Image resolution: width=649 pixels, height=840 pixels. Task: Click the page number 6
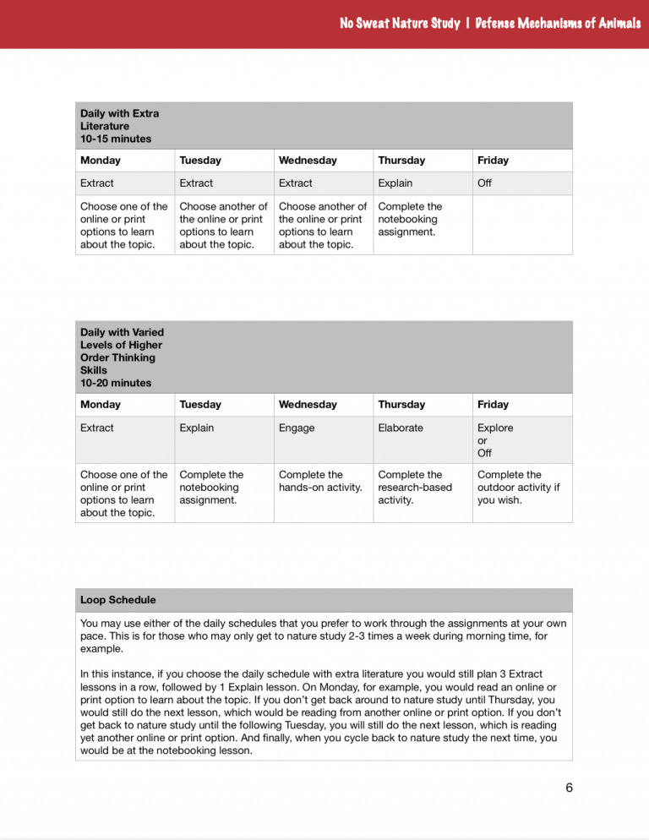coord(569,788)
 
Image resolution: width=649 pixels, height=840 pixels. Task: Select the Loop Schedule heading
coord(117,600)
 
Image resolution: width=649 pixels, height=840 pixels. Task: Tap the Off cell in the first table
coord(484,183)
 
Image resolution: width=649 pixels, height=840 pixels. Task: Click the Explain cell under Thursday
coord(395,183)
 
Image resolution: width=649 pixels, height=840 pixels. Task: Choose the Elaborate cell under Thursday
coord(401,428)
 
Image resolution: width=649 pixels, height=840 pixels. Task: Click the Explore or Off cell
coord(495,439)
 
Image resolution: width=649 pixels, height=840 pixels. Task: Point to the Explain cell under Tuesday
coord(197,428)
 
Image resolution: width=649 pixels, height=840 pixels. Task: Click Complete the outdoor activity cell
coord(518,487)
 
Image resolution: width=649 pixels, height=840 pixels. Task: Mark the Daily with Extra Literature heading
coord(119,125)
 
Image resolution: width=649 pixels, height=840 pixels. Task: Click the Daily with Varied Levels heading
coord(122,351)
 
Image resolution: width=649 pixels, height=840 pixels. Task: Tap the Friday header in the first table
coord(493,160)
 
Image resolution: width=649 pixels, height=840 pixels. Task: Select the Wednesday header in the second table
coord(308,404)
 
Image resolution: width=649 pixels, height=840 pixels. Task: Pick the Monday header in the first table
coord(101,160)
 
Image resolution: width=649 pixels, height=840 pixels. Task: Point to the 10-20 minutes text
coord(116,383)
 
